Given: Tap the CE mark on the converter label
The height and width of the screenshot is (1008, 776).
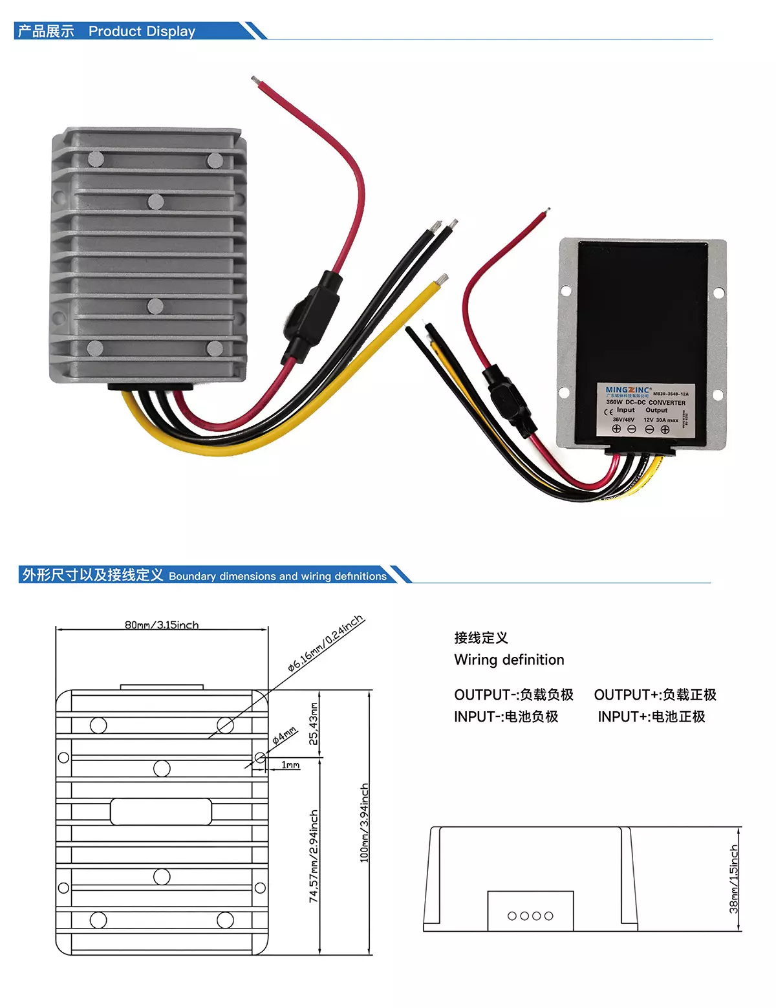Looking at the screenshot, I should tap(608, 412).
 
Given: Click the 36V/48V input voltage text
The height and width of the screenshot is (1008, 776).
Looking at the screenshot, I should tap(623, 420).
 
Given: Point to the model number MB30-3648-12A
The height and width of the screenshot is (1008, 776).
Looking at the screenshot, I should tap(671, 394).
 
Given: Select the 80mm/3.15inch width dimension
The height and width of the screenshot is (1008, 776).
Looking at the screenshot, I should tap(162, 625).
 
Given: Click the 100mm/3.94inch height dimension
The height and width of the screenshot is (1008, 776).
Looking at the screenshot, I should tap(364, 822).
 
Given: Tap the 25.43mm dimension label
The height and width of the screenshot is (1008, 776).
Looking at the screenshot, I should tap(314, 724).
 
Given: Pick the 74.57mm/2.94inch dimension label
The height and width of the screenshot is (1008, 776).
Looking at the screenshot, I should tap(314, 855).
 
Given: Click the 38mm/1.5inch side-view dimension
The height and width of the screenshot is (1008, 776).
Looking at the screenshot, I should tap(733, 879).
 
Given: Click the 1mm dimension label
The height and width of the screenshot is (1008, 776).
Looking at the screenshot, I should tap(291, 765).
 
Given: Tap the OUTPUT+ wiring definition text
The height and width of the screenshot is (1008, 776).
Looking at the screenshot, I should tap(655, 694).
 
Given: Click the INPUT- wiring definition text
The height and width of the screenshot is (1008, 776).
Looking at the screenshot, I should tap(506, 716).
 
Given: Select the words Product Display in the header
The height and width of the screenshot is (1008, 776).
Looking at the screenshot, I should tap(142, 31).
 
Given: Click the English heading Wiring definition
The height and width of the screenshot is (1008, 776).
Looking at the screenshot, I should tap(509, 659).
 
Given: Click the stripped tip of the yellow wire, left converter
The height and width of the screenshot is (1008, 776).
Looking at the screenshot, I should tap(442, 279).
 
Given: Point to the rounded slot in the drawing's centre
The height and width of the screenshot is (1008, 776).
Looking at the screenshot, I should tap(161, 811).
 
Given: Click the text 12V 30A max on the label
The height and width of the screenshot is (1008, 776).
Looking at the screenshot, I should tap(661, 420).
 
